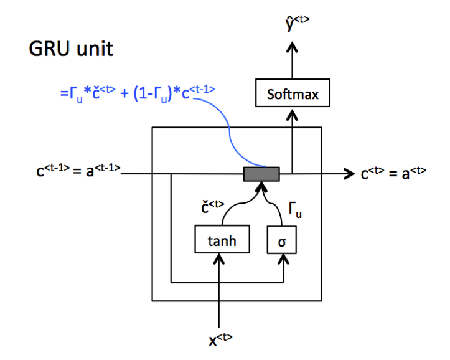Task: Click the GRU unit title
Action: point(71,49)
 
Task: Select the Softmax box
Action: point(292,95)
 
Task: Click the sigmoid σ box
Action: point(281,240)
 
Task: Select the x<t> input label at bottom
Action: point(219,340)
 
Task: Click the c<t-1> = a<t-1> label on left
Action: point(78,168)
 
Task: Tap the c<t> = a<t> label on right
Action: point(393,173)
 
